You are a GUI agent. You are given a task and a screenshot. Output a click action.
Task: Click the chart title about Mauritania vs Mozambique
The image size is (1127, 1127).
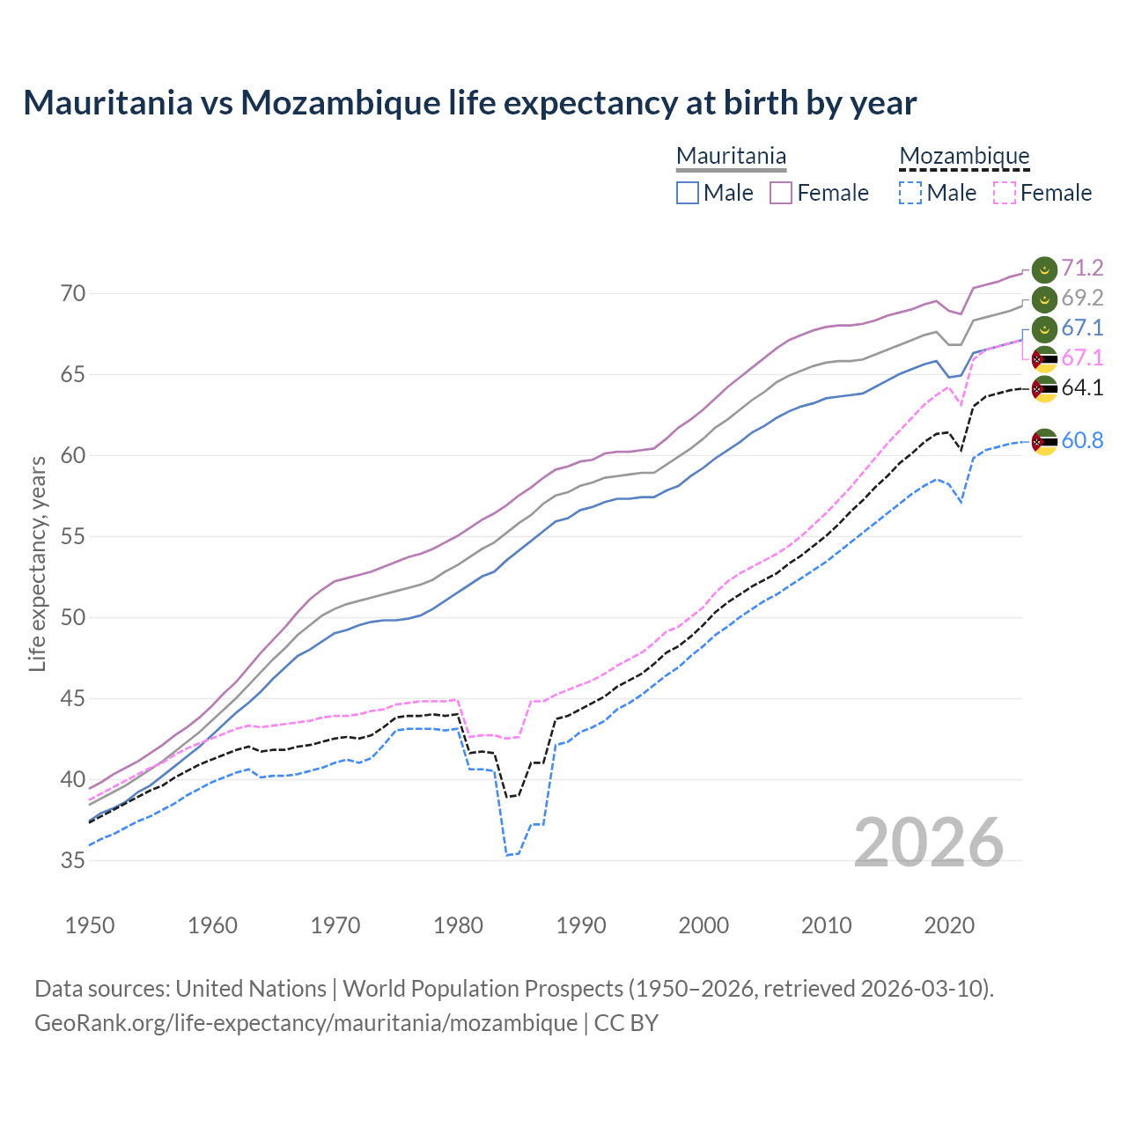click(469, 103)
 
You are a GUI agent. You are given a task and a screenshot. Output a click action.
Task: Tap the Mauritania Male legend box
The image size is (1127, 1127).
click(688, 193)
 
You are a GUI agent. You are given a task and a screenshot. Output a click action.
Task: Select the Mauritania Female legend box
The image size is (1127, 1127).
click(782, 193)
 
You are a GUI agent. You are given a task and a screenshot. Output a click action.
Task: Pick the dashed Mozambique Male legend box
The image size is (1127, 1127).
click(910, 193)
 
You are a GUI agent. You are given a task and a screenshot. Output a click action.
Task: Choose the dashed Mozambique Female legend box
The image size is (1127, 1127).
click(1005, 193)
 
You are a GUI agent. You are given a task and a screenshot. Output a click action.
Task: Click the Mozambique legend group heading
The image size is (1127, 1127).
click(964, 156)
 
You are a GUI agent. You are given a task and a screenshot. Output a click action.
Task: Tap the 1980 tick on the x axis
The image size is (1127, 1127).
click(458, 925)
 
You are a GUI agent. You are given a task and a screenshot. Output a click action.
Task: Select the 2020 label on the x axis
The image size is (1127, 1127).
click(949, 925)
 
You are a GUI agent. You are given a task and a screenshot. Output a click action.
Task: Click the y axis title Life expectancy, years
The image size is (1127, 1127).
click(37, 563)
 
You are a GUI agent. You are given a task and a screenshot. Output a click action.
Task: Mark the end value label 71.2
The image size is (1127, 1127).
click(1082, 268)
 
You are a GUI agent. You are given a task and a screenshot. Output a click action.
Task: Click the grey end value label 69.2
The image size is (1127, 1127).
click(1082, 298)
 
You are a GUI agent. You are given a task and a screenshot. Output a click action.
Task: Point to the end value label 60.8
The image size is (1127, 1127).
click(1082, 440)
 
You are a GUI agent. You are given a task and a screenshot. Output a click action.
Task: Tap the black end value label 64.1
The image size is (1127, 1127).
click(1082, 387)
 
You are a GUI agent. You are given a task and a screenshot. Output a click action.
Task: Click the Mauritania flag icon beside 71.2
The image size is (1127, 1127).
click(1044, 269)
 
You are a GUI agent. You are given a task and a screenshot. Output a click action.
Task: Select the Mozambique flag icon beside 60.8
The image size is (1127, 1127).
click(1044, 441)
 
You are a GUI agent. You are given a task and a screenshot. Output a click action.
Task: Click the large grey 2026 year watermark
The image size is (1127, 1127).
click(929, 843)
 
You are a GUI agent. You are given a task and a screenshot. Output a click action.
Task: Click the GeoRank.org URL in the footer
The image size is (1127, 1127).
click(306, 1023)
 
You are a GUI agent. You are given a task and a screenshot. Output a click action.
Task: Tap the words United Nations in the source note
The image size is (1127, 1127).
click(251, 989)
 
